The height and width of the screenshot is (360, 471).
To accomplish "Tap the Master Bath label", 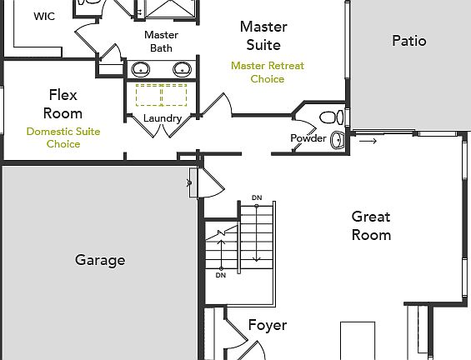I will click(x=161, y=42).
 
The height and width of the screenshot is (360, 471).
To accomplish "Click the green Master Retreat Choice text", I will click(x=267, y=72).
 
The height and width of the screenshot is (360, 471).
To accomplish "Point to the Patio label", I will click(x=408, y=41).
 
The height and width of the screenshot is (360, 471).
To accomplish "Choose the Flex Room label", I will click(x=63, y=103).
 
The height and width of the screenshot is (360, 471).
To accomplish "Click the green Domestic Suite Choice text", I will click(x=63, y=137).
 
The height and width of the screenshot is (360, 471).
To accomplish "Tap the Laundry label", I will click(x=162, y=118).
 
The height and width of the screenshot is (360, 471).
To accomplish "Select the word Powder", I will click(x=308, y=137).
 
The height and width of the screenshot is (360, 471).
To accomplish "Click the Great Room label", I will click(x=370, y=225).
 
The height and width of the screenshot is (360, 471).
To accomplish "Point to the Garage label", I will click(x=100, y=260).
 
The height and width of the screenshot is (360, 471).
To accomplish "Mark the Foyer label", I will click(x=267, y=325).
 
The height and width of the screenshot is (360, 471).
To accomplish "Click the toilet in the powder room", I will click(x=330, y=115).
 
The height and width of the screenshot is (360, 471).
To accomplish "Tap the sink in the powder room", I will click(x=338, y=139).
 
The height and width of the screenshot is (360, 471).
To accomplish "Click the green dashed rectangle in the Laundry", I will click(x=161, y=95).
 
